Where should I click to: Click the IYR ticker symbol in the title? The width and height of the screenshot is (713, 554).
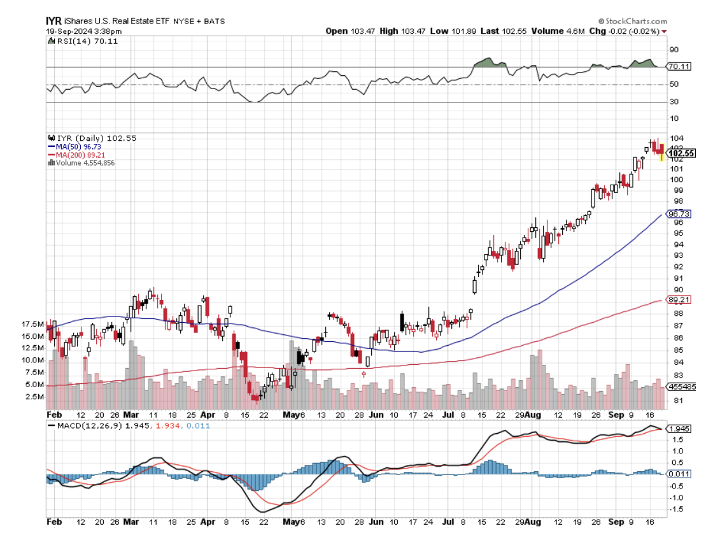[x=54, y=20]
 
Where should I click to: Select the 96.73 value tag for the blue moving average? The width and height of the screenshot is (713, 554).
[x=678, y=214]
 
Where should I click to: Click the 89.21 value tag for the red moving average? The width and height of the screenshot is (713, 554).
[x=678, y=299]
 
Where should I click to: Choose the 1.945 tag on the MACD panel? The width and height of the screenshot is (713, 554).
[x=678, y=429]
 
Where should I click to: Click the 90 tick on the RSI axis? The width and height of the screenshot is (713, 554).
[x=673, y=50]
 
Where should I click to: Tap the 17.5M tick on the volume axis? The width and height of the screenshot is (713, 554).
[x=33, y=324]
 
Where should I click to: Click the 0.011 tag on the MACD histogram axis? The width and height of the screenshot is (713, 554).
[x=678, y=473]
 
